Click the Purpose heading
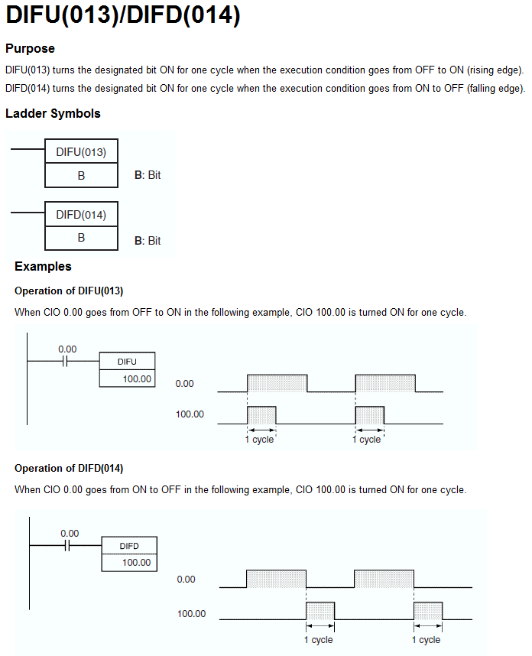(x=30, y=49)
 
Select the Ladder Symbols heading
(x=53, y=114)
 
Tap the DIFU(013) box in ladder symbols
(x=81, y=151)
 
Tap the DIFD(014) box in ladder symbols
(x=81, y=215)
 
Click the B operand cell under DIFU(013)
(x=81, y=175)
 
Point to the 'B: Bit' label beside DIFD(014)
(x=148, y=240)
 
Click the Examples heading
(x=43, y=267)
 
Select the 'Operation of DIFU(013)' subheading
(x=69, y=291)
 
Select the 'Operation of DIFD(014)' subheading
(x=69, y=468)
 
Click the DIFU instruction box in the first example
(x=127, y=361)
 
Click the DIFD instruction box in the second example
(x=129, y=546)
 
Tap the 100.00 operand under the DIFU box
(x=137, y=378)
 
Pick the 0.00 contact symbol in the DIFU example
(x=67, y=361)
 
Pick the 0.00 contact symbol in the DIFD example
(x=69, y=546)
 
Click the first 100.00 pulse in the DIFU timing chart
(x=261, y=415)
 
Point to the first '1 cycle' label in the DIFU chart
(x=260, y=440)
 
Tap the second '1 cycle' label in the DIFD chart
(x=427, y=640)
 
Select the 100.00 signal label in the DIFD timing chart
(x=191, y=614)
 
